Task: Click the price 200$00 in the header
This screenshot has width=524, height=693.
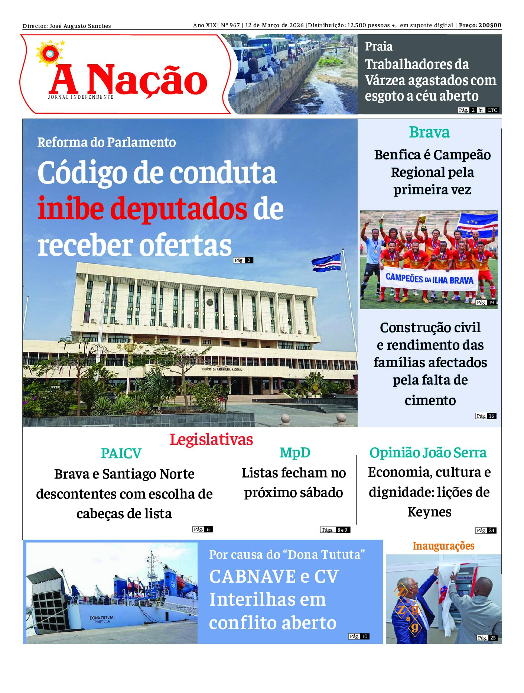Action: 490,25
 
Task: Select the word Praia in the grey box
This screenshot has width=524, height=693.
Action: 378,46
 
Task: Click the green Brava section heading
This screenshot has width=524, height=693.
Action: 429,132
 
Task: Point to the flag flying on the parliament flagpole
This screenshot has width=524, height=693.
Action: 326,262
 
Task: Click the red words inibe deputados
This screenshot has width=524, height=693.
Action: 142,209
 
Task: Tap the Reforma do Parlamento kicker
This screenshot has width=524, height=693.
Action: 107,142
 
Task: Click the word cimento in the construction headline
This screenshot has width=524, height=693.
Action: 430,401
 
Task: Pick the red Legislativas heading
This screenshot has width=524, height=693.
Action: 211,440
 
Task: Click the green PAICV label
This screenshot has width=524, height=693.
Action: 121,453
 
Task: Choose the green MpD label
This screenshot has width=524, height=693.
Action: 295,453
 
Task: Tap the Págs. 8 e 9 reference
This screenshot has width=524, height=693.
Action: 335,530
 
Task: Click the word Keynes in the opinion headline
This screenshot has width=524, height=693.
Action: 429,512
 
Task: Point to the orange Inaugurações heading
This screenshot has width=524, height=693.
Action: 443,546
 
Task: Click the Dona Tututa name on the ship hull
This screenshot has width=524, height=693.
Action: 101,618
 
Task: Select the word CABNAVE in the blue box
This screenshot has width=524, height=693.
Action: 253,577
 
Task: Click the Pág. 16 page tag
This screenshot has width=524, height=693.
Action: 486,416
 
